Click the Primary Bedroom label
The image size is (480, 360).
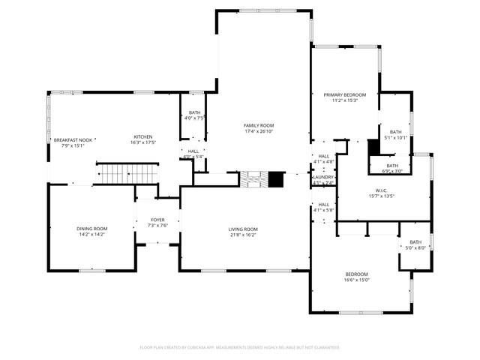345,94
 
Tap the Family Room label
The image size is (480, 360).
259,125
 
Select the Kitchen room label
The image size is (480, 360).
143,136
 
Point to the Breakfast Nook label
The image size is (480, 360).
73,140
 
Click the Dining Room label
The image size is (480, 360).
91,228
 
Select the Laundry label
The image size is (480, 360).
324,177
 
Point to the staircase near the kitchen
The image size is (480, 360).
124,175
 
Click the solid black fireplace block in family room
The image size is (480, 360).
277,179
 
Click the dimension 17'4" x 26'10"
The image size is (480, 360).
259,131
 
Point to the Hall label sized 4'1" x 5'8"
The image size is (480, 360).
324,207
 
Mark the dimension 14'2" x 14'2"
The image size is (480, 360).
91,235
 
